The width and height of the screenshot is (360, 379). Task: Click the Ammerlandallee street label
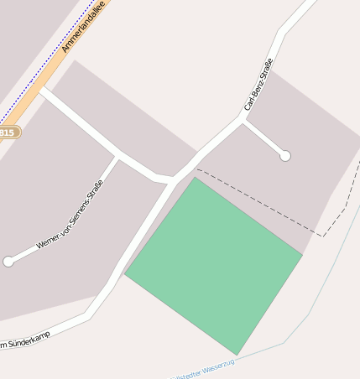click(85, 27)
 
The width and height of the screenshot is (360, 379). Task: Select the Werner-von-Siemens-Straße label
click(70, 215)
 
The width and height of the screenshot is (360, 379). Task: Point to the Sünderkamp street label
click(25, 340)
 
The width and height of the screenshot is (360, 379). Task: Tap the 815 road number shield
click(8, 132)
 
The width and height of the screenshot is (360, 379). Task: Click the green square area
click(215, 263)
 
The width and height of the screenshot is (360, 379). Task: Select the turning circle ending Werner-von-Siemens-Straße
click(8, 262)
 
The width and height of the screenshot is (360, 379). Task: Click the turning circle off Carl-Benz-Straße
click(285, 156)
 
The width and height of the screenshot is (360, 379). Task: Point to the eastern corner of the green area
click(302, 253)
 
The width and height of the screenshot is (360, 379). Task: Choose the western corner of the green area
click(125, 274)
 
